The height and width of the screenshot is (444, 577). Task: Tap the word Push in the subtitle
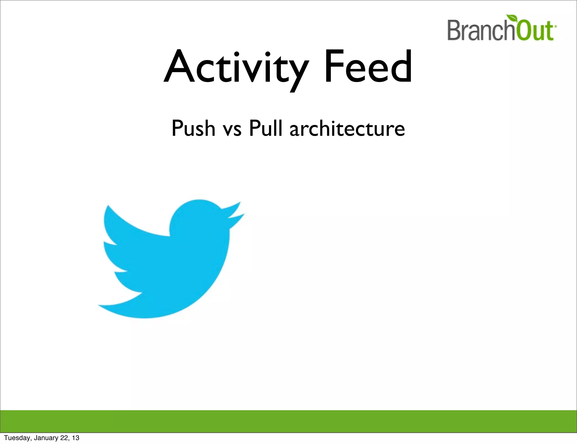coord(193,128)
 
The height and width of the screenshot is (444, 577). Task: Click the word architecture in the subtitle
coord(347,128)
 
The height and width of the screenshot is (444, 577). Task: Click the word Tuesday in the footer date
coord(17,438)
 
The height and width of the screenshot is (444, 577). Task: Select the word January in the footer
coord(46,438)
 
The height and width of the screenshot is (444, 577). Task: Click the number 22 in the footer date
coord(65,438)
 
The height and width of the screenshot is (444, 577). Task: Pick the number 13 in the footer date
coord(76,438)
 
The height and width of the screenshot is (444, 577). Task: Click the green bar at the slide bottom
coord(288,421)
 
